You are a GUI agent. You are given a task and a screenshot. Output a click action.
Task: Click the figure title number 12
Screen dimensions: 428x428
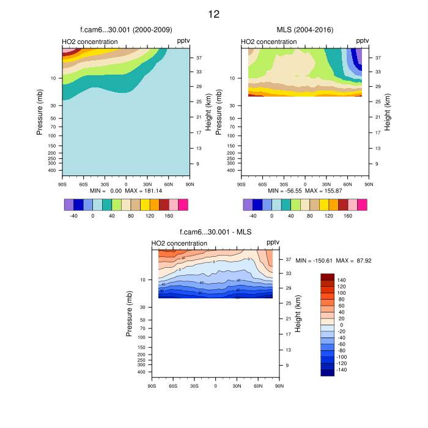[x=213, y=14]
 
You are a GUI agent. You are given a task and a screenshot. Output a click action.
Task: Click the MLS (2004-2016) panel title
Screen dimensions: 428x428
[x=305, y=30]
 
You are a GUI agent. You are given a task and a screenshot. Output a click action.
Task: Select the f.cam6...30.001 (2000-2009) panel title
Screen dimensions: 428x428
[x=126, y=30]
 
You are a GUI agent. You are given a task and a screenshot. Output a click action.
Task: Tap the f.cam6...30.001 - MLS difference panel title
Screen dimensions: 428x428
[x=215, y=232]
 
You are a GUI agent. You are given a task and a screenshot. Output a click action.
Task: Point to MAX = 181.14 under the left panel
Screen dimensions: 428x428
[x=143, y=191]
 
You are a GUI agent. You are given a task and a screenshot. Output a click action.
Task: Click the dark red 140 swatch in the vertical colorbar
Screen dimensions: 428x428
[x=327, y=277]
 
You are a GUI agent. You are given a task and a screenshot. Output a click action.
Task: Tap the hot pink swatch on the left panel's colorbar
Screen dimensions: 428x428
[x=183, y=204]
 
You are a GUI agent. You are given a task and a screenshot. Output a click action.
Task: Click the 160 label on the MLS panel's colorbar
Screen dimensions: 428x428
[x=347, y=216]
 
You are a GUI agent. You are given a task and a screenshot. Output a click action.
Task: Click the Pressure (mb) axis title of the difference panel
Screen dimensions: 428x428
[x=130, y=314]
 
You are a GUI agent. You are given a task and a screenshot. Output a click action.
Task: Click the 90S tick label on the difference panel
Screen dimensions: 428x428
[x=152, y=385]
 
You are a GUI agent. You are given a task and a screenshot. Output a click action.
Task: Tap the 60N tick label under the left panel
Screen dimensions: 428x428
[x=169, y=183]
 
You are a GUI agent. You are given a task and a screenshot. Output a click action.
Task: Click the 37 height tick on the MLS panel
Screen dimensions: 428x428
[x=378, y=58]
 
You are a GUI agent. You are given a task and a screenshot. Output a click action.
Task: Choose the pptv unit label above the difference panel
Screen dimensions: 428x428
[x=273, y=243]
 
